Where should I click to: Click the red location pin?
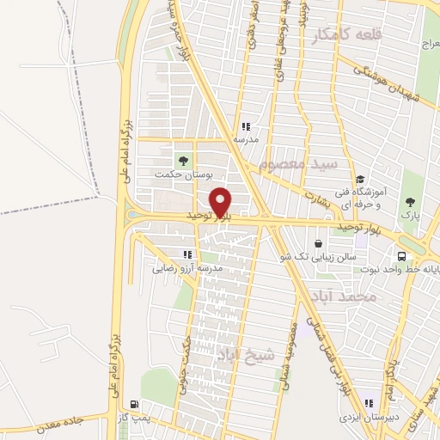pos(222,202)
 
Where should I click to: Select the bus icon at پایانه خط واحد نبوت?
pos(401,255)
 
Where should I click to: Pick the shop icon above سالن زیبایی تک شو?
pos(320,243)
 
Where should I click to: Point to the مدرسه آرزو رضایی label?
pos(188,268)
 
